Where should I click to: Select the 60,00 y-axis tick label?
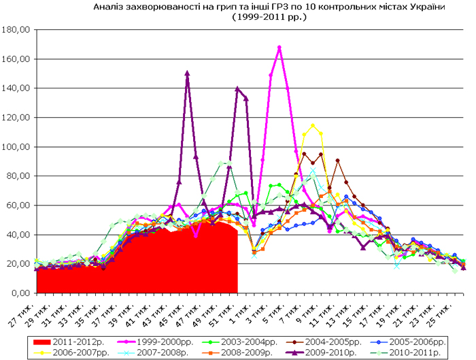coord(16,206)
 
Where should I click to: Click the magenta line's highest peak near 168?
coord(279,48)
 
